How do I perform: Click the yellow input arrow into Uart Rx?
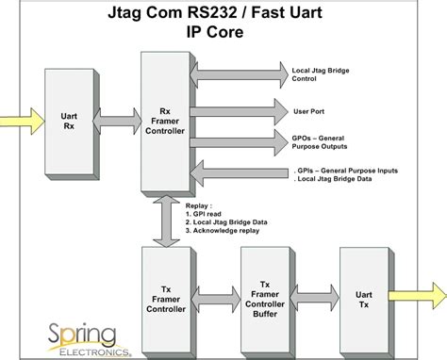19,119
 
